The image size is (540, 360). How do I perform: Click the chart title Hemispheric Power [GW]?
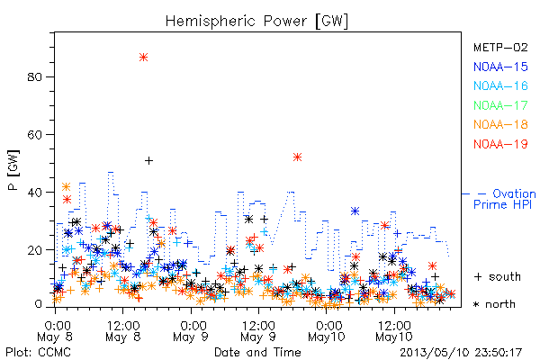256,21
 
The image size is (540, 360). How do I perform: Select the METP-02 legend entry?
500,47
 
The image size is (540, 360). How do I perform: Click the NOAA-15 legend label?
500,67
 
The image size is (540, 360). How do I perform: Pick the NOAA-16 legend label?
500,85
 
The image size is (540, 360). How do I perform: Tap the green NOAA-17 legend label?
500,105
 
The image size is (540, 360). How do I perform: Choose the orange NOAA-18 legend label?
500,124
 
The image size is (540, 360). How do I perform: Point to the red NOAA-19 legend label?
500,144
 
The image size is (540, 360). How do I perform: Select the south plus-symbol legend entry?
498,276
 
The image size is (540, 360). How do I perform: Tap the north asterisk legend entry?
494,304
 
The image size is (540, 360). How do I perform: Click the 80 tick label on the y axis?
35,76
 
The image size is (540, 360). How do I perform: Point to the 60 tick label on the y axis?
35,134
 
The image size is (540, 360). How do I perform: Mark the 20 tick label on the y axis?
35,250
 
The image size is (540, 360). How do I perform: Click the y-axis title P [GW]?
13,170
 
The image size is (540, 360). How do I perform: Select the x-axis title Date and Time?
257,352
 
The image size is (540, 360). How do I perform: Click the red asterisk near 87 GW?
144,58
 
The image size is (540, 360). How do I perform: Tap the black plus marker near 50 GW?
148,160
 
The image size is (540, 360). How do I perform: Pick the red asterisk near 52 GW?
297,157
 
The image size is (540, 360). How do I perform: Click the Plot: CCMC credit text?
39,352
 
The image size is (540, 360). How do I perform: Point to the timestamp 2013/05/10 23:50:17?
461,353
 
